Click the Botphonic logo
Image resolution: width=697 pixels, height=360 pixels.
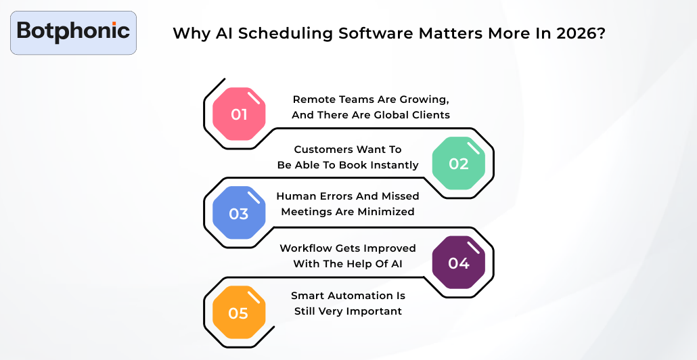(x=73, y=32)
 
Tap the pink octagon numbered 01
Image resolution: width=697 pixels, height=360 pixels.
(x=239, y=114)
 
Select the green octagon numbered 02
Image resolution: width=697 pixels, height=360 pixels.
(x=458, y=164)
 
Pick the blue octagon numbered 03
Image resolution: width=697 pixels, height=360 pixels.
(x=239, y=214)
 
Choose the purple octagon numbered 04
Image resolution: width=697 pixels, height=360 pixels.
(x=458, y=263)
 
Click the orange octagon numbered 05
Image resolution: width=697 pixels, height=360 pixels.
(x=239, y=313)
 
